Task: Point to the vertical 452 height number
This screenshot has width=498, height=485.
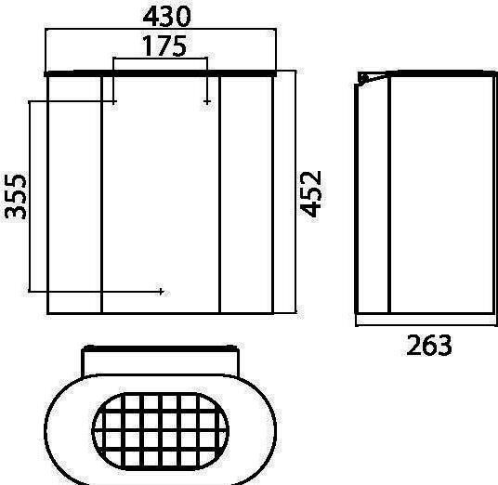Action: [x=312, y=192]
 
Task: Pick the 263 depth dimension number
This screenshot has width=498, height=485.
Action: [x=429, y=346]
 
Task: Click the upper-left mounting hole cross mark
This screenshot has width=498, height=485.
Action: [x=114, y=101]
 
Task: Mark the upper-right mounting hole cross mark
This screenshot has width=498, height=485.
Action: [x=206, y=101]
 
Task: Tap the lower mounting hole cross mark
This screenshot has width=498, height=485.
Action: [x=162, y=292]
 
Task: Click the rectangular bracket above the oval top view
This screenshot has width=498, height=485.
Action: [x=161, y=359]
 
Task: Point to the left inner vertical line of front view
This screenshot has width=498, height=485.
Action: [x=100, y=195]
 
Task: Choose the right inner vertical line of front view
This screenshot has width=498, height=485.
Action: [x=219, y=195]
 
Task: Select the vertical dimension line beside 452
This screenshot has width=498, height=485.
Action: [x=295, y=192]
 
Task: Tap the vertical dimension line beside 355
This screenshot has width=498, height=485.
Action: [x=30, y=195]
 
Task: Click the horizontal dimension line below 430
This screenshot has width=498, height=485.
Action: [x=162, y=31]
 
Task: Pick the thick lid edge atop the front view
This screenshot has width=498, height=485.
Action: [x=162, y=72]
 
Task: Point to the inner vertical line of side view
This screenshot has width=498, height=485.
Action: [x=389, y=195]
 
